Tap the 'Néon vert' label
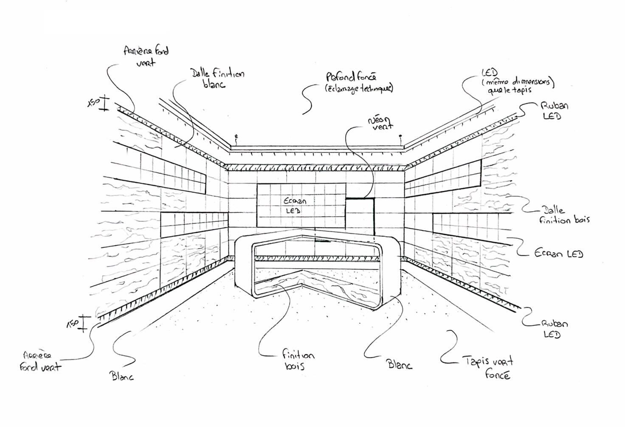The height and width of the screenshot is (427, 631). click(380, 123)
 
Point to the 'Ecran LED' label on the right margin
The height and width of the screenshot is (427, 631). click(558, 254)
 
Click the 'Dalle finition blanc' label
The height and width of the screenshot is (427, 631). click(217, 78)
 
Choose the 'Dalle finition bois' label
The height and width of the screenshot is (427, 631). click(564, 215)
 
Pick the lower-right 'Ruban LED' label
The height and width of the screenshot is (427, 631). click(554, 329)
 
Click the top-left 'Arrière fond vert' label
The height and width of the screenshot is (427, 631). click(146, 56)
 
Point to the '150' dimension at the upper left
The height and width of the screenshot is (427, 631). click(93, 102)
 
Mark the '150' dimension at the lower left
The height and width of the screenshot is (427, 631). click(73, 324)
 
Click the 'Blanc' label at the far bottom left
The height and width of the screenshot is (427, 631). click(122, 376)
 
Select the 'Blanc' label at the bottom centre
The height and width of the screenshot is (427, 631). click(399, 364)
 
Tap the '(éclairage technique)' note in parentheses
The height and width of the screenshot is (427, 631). click(359, 88)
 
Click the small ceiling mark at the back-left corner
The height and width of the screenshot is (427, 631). click(237, 137)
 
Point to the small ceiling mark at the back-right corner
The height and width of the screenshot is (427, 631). click(400, 136)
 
